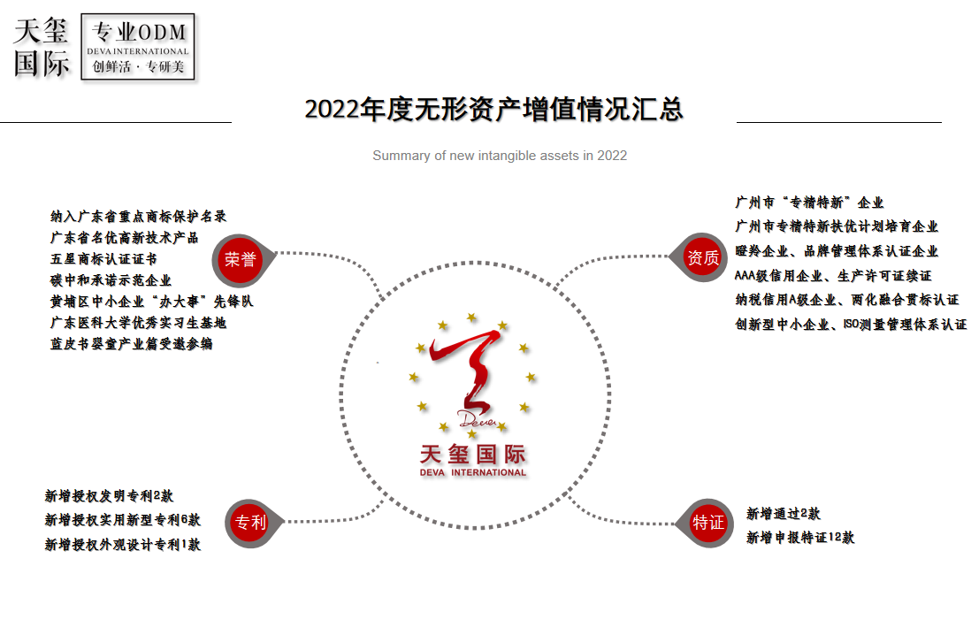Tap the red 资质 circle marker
click(703, 258)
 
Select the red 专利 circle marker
click(250, 522)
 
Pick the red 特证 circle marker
click(708, 523)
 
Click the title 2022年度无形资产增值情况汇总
click(493, 110)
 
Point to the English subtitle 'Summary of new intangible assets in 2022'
click(500, 156)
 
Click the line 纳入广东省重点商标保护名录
click(139, 216)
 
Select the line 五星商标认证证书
click(103, 259)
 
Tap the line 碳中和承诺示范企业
click(111, 280)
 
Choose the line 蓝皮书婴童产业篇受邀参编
click(131, 343)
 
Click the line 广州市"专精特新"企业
click(809, 203)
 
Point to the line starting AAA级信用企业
click(833, 276)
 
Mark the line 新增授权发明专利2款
click(110, 496)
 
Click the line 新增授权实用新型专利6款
click(123, 520)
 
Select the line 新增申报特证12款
click(800, 537)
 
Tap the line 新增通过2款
click(783, 514)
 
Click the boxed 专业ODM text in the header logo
click(140, 34)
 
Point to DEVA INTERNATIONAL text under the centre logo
click(473, 472)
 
